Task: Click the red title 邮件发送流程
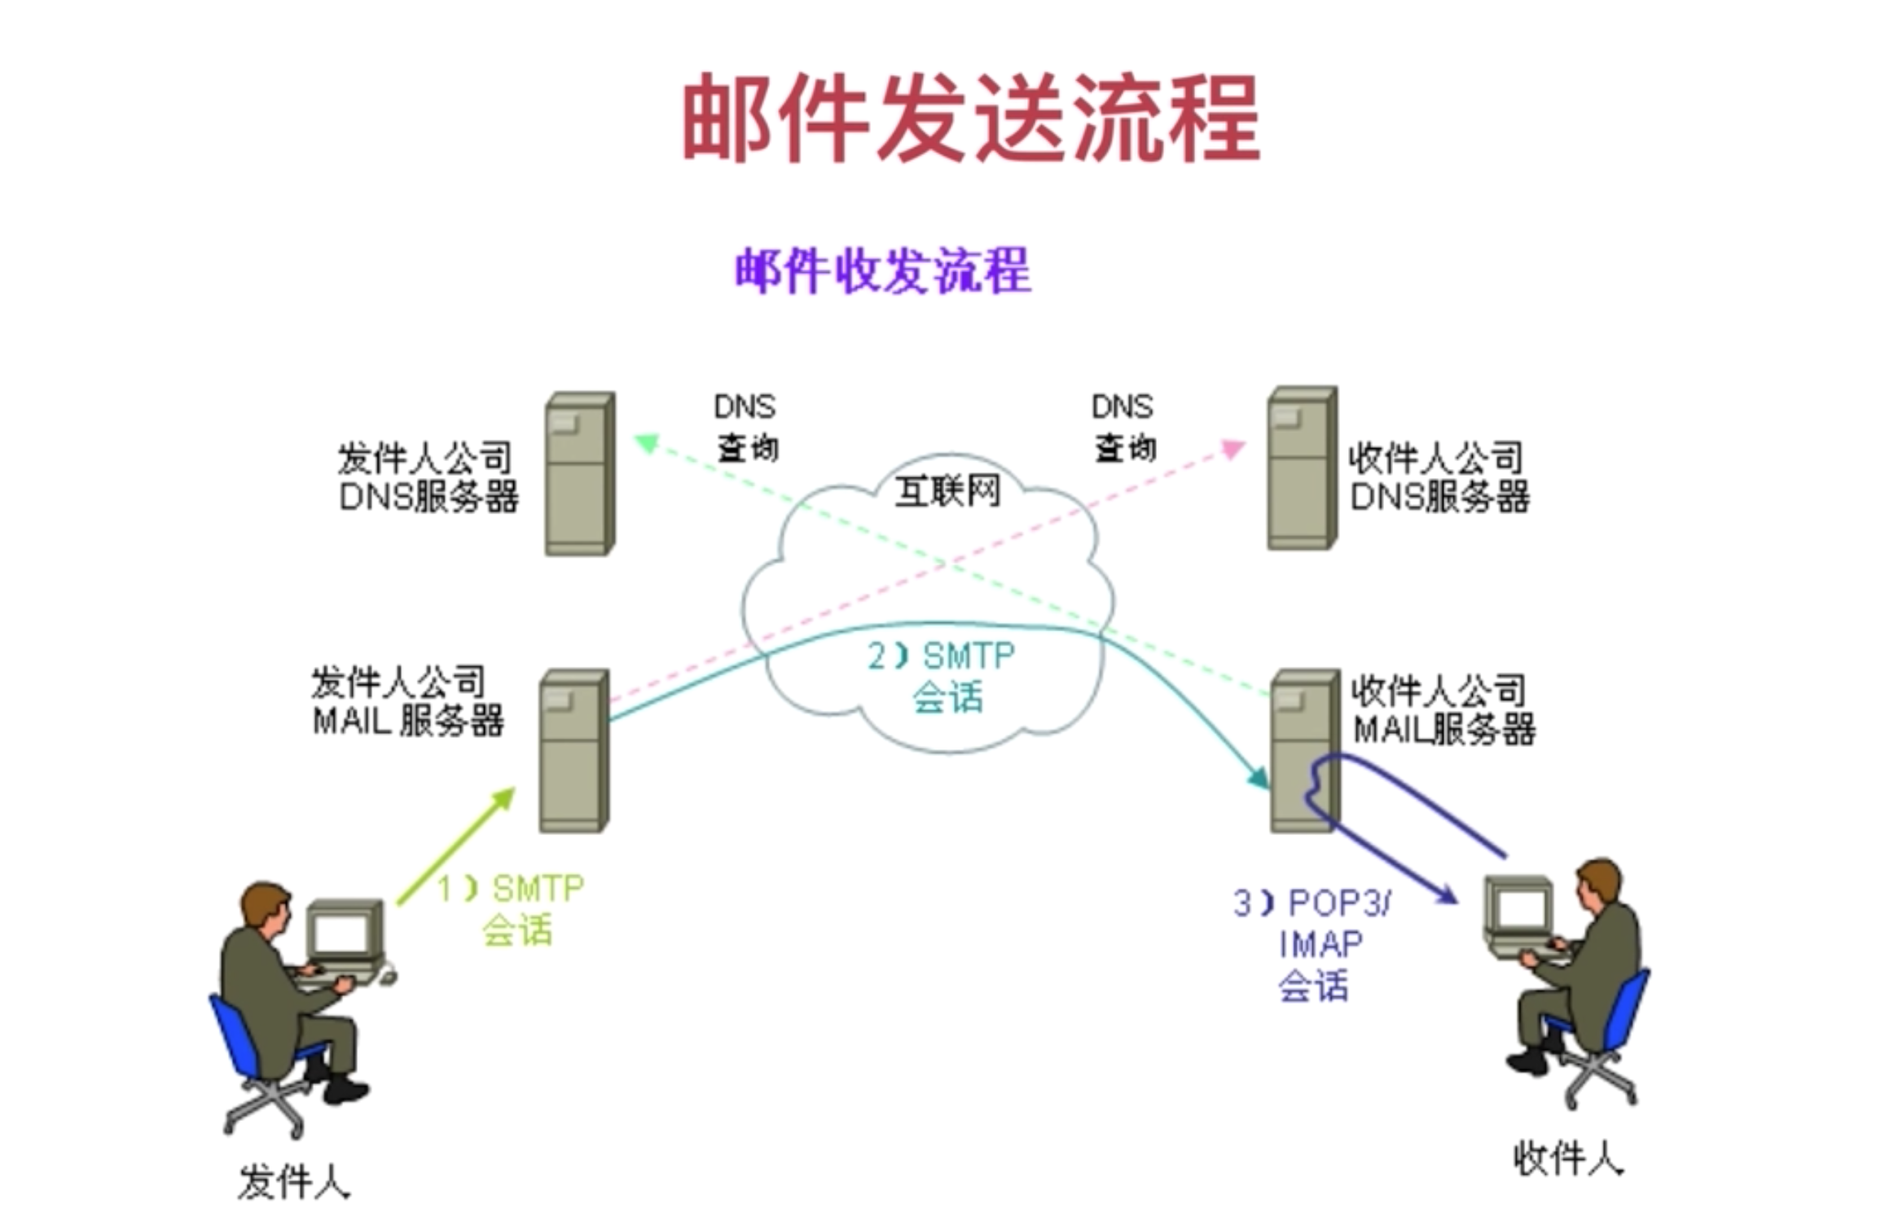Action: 971,118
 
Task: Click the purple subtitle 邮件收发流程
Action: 883,270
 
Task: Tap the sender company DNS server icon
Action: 579,474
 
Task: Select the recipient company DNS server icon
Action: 1301,468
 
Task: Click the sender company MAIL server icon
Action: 573,751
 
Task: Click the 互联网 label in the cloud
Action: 947,491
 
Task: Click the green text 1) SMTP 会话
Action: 513,909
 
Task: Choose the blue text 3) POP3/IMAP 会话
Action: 1313,945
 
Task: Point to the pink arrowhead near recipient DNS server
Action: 1233,449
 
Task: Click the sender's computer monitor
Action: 343,931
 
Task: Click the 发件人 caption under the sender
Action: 293,1182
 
